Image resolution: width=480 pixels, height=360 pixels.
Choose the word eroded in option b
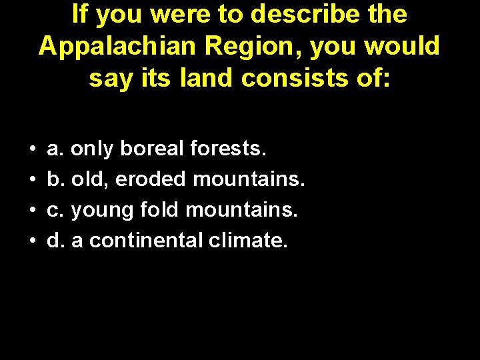coord(151,179)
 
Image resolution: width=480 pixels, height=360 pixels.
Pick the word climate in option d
coord(248,241)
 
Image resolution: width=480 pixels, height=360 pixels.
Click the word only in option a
coord(93,149)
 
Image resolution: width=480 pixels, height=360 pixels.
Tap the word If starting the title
coord(79,14)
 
